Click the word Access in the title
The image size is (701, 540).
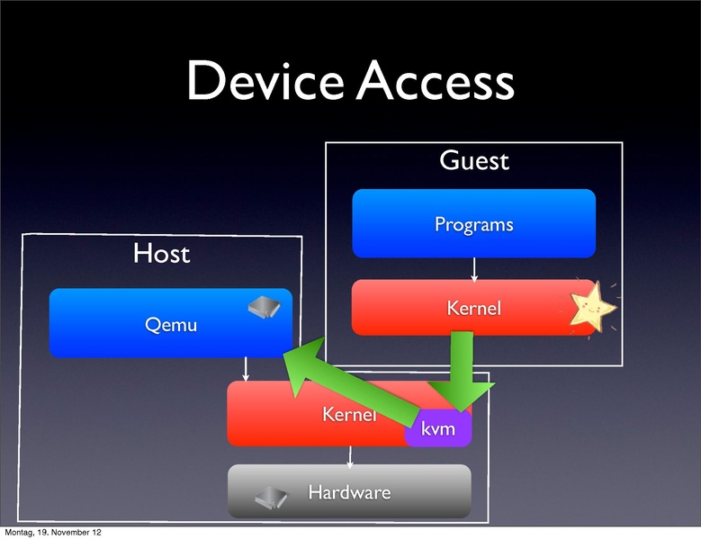tap(435, 82)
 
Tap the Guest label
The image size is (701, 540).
tap(473, 161)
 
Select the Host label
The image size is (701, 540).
tap(162, 254)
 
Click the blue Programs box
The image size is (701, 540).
tap(473, 223)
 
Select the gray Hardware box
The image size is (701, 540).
tap(349, 492)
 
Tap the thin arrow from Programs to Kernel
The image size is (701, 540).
tap(473, 268)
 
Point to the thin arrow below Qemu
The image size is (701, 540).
tap(246, 369)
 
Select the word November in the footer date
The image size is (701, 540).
tap(70, 533)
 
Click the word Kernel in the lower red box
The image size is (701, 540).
tap(347, 415)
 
